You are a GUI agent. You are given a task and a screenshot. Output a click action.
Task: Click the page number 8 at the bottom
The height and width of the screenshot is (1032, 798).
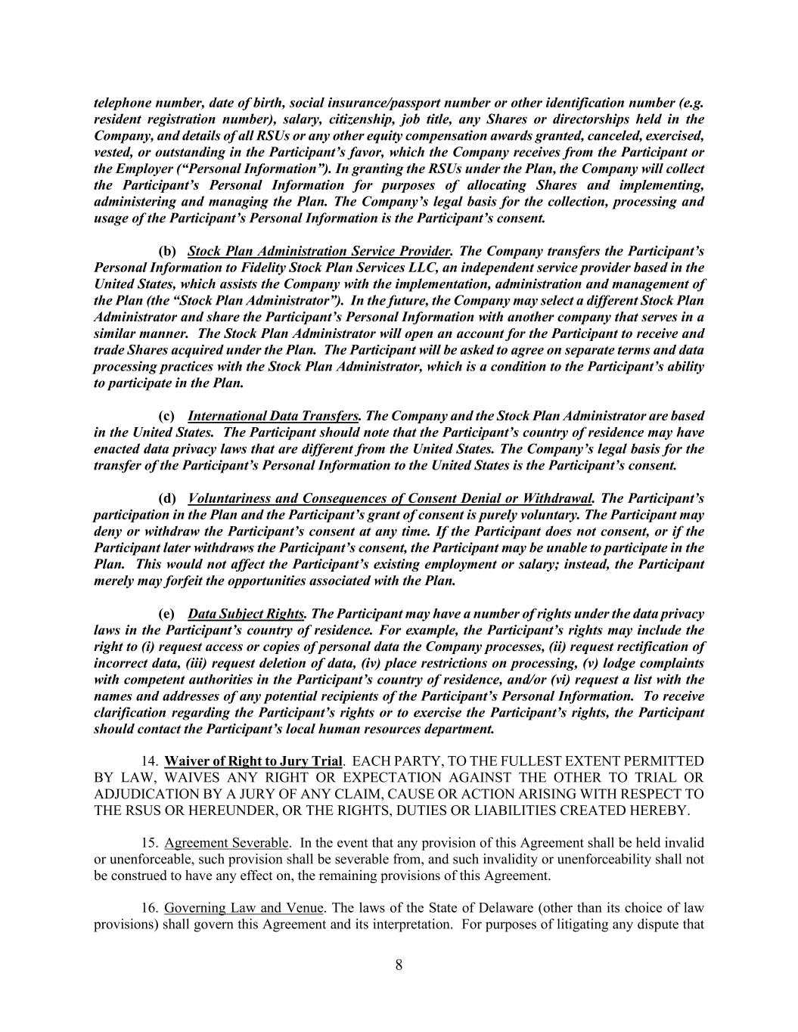(399, 965)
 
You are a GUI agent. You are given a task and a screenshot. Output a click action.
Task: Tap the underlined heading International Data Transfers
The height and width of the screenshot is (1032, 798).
(273, 416)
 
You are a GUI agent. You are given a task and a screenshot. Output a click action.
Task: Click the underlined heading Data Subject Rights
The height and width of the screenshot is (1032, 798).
(246, 614)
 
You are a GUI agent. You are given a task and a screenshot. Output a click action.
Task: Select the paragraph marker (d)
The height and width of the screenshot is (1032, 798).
(167, 499)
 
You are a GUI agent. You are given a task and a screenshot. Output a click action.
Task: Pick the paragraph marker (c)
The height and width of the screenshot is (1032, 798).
(166, 416)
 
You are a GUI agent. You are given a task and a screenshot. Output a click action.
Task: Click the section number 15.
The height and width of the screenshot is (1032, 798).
(149, 843)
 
